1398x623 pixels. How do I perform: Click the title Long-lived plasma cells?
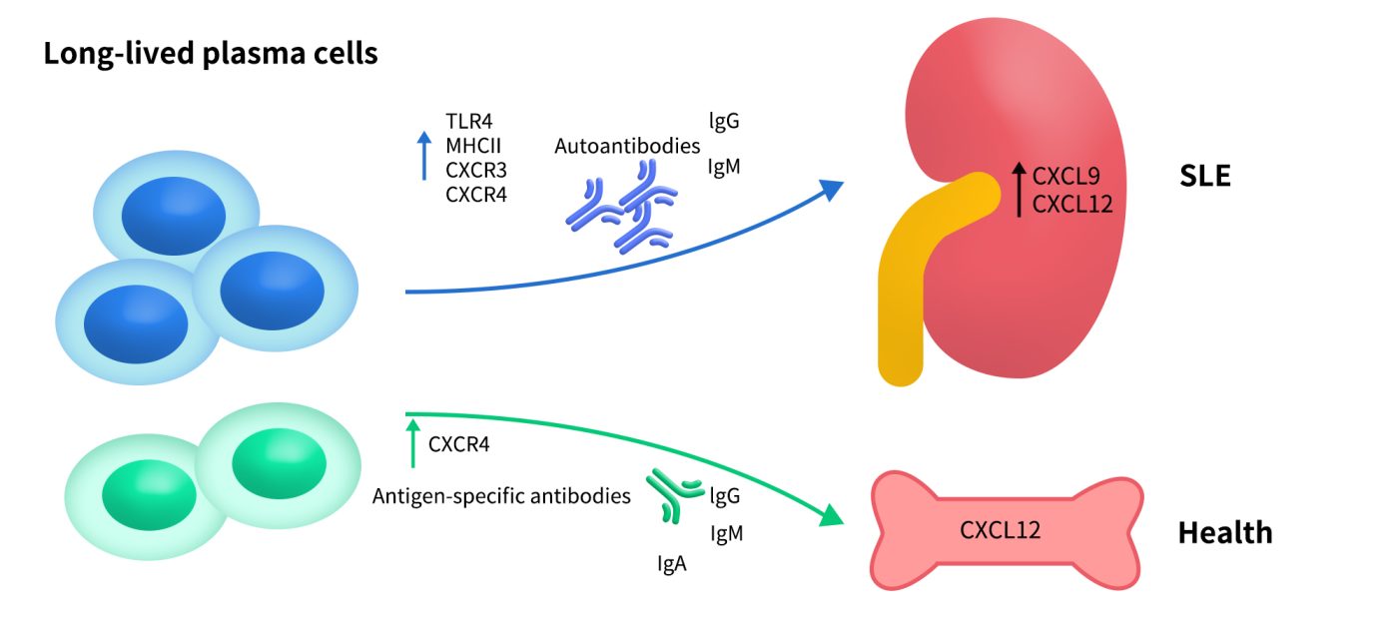(x=210, y=53)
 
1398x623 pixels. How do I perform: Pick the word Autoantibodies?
(x=627, y=147)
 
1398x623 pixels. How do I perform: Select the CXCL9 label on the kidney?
(x=1066, y=178)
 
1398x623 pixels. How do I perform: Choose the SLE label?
(x=1204, y=178)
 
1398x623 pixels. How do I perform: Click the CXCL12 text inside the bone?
(x=1001, y=529)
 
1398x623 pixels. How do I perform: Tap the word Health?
(x=1225, y=533)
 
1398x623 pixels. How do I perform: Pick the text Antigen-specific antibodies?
(x=501, y=495)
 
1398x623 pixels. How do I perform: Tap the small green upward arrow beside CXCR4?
(x=411, y=444)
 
